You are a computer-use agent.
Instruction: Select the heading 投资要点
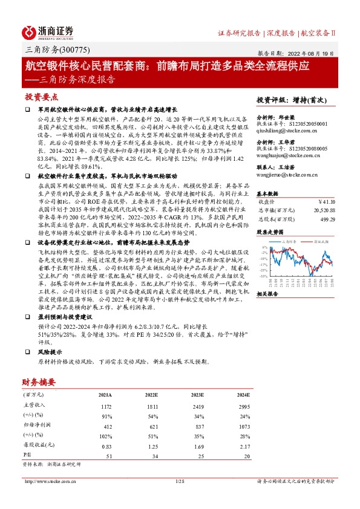coord(42,97)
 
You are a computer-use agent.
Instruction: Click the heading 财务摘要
coord(39,381)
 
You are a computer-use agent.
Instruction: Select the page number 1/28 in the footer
coord(179,482)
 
